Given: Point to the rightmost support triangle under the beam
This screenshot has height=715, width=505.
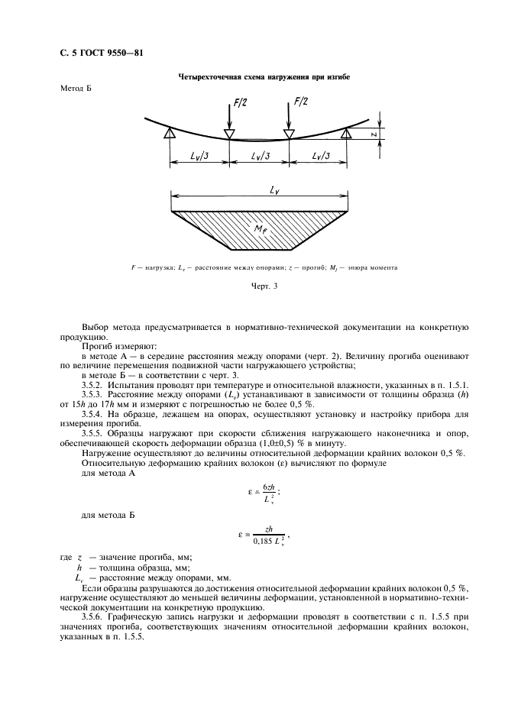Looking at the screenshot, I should tap(346, 134).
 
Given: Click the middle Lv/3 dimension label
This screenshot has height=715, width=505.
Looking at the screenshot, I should tap(257, 157).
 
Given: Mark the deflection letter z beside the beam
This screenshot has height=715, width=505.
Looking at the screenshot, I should tap(369, 134).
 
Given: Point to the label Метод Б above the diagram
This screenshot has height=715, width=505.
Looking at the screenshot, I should tap(76, 89).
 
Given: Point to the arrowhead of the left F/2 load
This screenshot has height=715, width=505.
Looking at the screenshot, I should tap(230, 134).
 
